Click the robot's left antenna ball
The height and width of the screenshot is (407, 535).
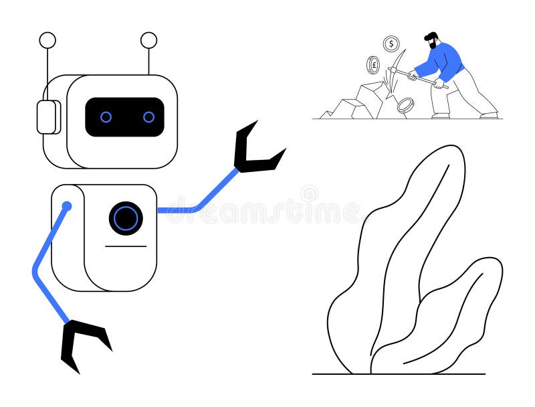47,40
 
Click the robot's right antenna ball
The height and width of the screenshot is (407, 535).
148,40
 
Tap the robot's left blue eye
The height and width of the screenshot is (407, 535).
106,117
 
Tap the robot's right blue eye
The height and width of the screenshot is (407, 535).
148,117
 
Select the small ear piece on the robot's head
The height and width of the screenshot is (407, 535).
47,117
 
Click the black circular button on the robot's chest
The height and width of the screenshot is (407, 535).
126,218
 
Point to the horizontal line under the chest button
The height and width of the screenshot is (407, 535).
126,246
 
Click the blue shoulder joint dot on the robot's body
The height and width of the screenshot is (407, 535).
67,206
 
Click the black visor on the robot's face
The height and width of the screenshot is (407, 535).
125,117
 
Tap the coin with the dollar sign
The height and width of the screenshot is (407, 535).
391,44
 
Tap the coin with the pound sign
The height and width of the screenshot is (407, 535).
373,65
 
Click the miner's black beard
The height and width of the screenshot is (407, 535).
433,46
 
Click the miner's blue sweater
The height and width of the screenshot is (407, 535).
444,62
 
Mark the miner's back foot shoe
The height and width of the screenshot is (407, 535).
489,114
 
